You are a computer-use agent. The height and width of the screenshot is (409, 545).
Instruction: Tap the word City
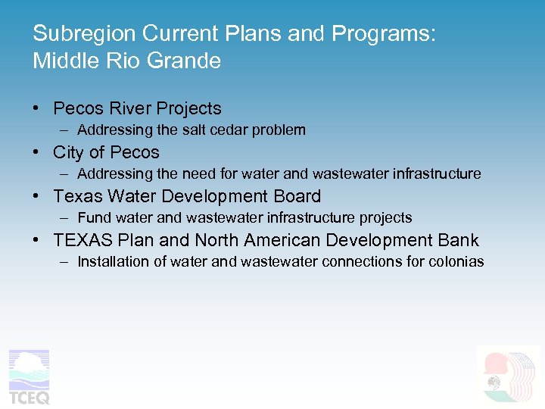(x=69, y=153)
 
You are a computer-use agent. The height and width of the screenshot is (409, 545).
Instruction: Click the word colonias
(x=455, y=262)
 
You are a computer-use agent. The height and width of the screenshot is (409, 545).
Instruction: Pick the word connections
(x=362, y=262)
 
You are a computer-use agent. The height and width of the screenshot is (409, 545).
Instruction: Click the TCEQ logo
(x=29, y=377)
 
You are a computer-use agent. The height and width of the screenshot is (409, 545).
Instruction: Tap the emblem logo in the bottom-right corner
(x=507, y=376)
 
